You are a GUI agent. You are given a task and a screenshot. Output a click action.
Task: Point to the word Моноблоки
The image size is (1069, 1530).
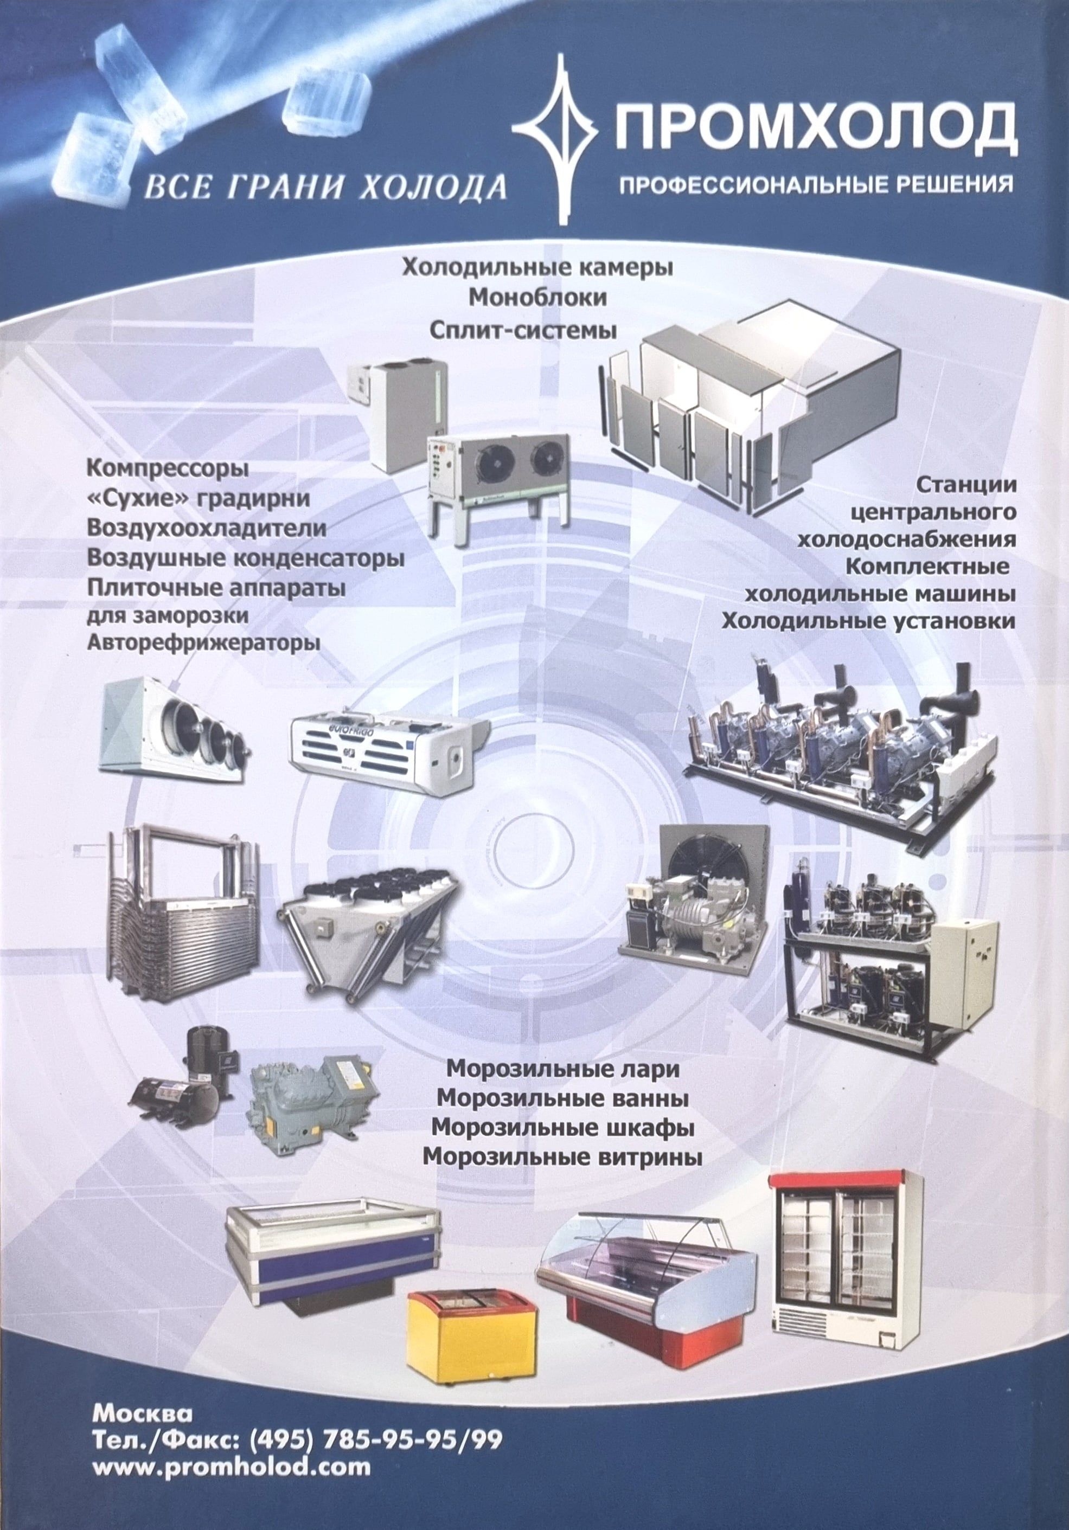coord(538,298)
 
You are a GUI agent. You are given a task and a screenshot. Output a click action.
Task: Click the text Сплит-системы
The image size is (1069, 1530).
coord(522,329)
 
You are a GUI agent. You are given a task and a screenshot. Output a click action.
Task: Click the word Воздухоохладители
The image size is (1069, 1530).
coord(207,529)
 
